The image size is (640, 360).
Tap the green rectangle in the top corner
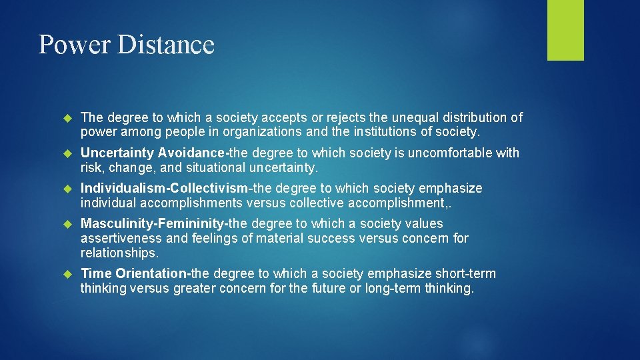point(565,30)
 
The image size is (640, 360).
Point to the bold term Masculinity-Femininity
point(153,223)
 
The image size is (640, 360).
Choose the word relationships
point(118,253)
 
